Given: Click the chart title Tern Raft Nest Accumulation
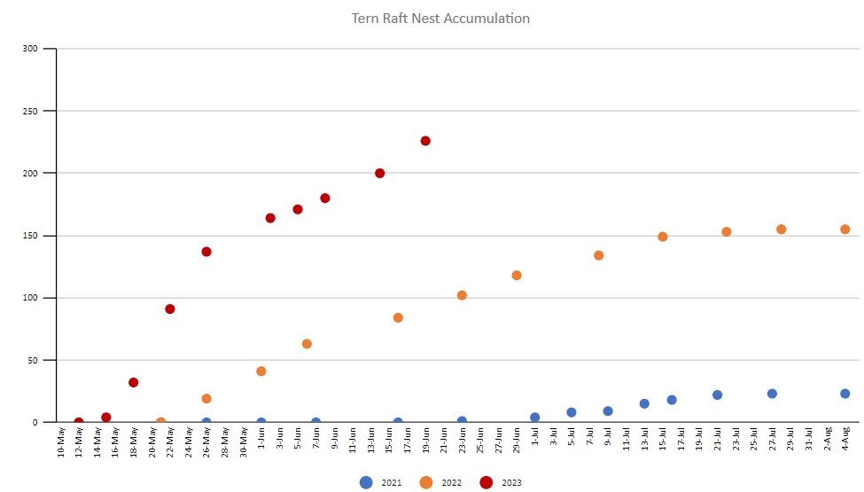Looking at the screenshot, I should click(x=440, y=19).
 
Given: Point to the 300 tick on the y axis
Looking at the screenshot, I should click(x=30, y=49).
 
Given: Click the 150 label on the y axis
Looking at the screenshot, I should click(x=30, y=236).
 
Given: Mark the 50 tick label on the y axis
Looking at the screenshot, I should click(x=33, y=361).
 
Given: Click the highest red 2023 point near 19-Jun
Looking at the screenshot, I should click(x=425, y=141).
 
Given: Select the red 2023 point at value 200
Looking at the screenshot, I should click(x=380, y=173).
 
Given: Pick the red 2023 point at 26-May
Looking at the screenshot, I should click(x=206, y=252).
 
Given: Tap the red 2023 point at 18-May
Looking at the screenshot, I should click(x=134, y=383).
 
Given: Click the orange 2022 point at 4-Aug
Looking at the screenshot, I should click(x=845, y=230).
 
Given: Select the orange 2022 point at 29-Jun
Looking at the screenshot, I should click(x=517, y=276).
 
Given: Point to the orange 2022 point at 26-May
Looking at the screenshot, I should click(x=206, y=399).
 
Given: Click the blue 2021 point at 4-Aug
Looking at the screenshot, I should click(x=845, y=394).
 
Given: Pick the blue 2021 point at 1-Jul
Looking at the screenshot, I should click(x=535, y=418).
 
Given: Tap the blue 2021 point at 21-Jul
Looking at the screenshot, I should click(x=718, y=395).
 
